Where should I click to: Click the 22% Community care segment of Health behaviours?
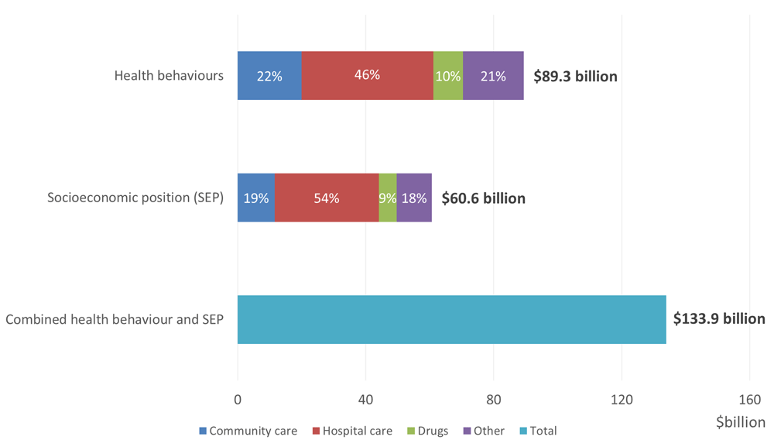269,76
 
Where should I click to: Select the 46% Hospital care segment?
367,76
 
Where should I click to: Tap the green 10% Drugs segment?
448,76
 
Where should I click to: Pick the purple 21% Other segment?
493,76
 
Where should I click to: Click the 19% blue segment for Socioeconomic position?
256,198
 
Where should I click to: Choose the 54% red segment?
327,198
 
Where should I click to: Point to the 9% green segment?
388,198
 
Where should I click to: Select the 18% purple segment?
414,198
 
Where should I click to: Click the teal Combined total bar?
451,319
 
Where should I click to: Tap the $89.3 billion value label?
575,77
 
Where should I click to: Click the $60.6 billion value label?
483,198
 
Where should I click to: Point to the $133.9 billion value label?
719,319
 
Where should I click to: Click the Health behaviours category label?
169,76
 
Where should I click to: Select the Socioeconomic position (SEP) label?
135,198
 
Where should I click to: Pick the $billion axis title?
741,422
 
